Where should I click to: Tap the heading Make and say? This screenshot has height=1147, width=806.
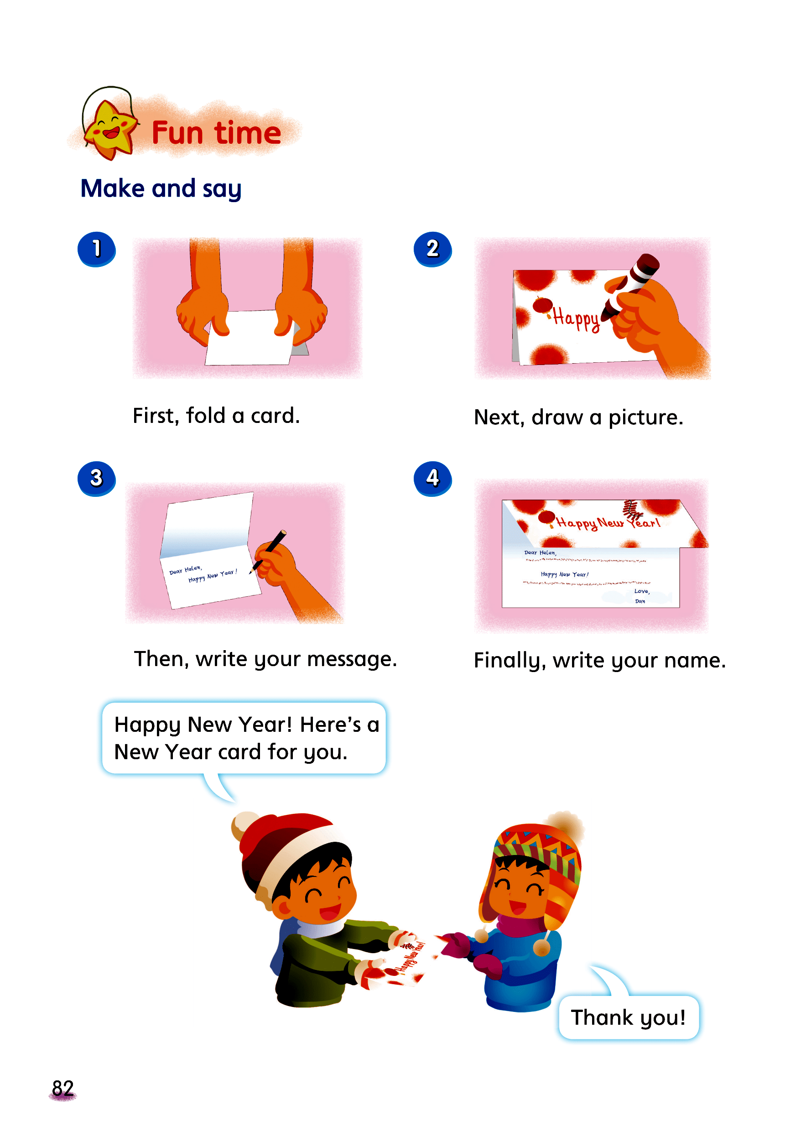(x=161, y=189)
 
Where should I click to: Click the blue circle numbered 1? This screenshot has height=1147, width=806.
(x=96, y=249)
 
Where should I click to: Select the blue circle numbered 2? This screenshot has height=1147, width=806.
(x=432, y=249)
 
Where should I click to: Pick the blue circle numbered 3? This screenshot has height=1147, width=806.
(x=96, y=478)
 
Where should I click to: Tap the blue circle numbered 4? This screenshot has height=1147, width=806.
(x=432, y=478)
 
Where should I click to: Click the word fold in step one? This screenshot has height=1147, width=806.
(x=206, y=415)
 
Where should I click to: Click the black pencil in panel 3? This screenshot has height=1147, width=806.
(x=269, y=551)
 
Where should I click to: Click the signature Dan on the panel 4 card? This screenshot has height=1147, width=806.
(x=640, y=601)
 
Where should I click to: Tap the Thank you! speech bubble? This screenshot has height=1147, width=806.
(x=628, y=1017)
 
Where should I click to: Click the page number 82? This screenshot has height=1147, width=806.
(x=63, y=1088)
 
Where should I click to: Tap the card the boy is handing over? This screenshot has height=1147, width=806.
(x=405, y=958)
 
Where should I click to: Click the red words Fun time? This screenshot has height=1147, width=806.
(x=216, y=132)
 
